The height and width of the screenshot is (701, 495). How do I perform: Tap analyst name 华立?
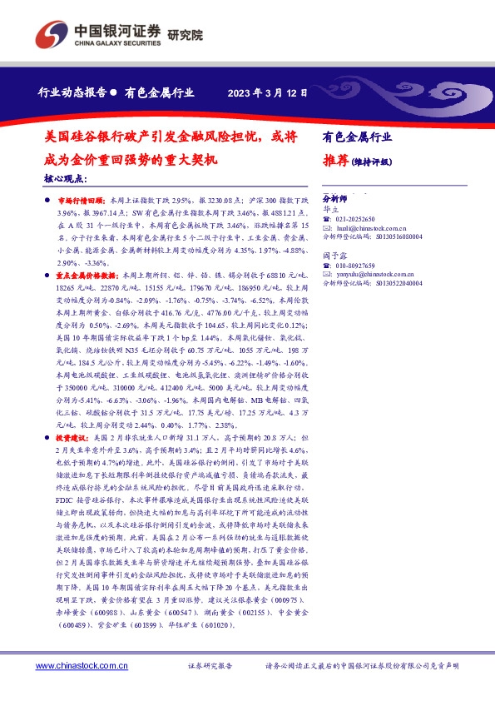pos(329,211)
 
